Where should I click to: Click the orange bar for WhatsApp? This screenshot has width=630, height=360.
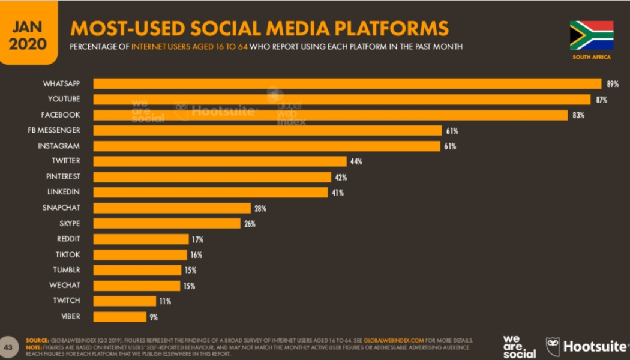tap(347, 83)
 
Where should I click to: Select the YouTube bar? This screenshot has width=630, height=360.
tap(342, 99)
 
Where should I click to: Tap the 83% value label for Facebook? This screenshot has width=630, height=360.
tap(578, 115)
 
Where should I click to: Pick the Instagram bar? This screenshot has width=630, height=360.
tap(266, 146)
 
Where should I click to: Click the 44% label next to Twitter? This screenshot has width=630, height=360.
tap(356, 161)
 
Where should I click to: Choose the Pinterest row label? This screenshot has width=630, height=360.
tap(63, 176)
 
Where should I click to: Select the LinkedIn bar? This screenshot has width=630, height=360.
tap(210, 192)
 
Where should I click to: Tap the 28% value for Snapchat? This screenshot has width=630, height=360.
tap(260, 208)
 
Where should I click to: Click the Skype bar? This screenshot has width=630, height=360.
tap(167, 223)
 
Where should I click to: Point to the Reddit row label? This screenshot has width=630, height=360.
tap(68, 239)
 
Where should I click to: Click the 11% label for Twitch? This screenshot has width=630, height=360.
tap(165, 301)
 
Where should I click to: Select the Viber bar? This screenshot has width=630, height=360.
tap(119, 316)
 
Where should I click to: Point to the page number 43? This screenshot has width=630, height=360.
tap(8, 347)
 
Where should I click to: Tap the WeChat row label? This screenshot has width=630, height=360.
tap(65, 285)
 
